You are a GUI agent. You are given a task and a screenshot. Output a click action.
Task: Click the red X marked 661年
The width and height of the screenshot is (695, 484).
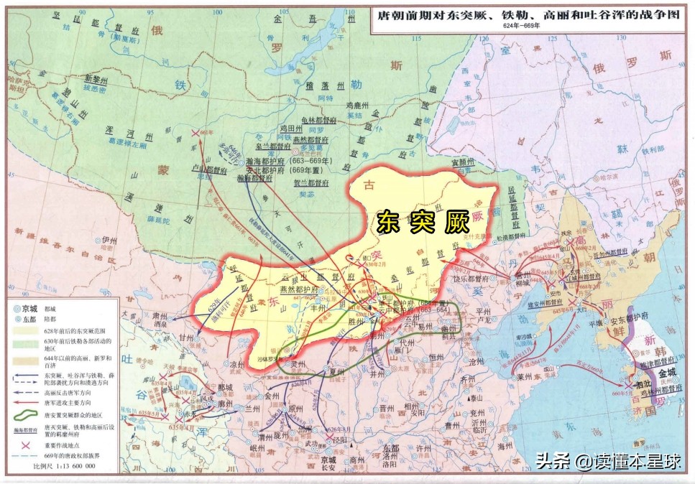(x=194, y=133)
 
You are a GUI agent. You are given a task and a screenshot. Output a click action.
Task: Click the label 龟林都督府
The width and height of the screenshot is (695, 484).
(x=319, y=121)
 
